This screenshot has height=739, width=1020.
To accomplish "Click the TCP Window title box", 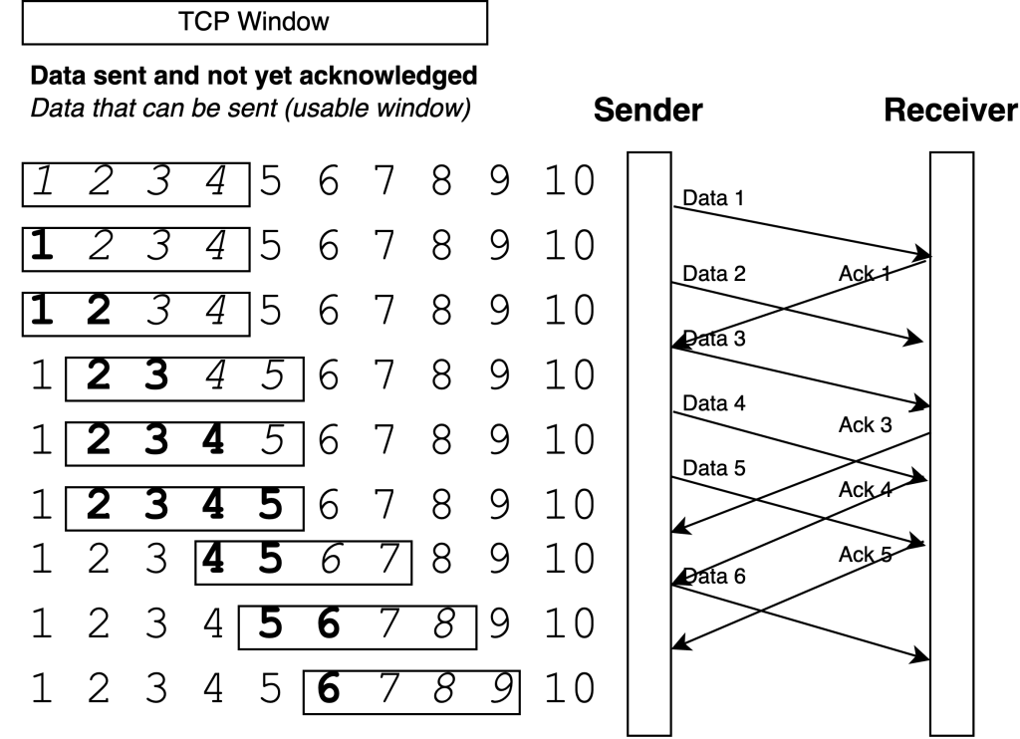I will click(x=253, y=22).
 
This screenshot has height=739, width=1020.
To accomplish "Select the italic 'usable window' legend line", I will click(x=250, y=107).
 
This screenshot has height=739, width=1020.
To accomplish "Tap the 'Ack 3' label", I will click(x=864, y=425).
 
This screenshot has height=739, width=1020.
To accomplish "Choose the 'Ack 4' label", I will click(x=864, y=489).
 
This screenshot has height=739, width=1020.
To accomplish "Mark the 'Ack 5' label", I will click(x=864, y=555).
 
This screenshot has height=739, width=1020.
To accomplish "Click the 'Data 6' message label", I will click(x=709, y=575).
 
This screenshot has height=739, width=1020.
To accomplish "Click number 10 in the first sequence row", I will click(x=570, y=180).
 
